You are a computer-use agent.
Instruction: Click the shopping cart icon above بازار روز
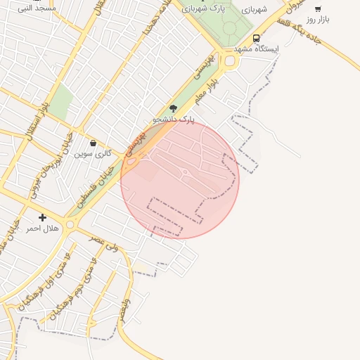318,9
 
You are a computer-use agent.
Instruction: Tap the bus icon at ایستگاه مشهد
256,38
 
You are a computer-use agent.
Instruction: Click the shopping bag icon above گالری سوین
94,143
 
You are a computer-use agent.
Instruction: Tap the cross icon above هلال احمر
43,218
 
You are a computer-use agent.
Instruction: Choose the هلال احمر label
41,229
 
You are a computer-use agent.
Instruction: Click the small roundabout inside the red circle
184,172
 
